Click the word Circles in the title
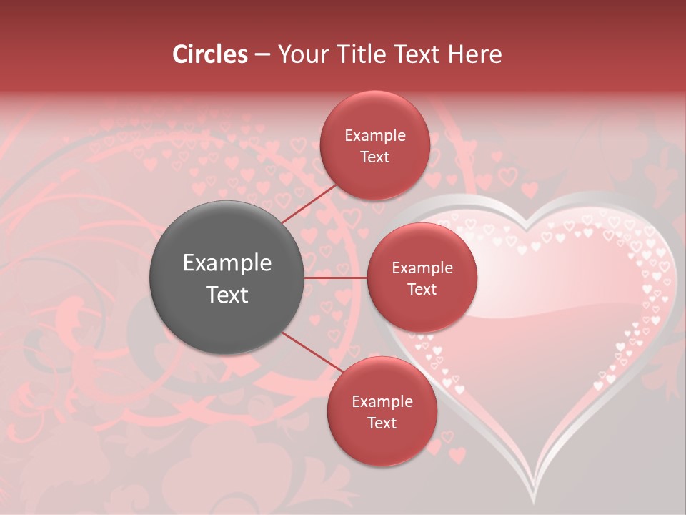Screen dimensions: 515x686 click(210, 54)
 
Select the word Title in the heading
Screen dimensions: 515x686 click(369, 54)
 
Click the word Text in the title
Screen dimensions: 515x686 click(421, 54)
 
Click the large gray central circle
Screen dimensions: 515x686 click(227, 278)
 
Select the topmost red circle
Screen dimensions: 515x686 click(374, 145)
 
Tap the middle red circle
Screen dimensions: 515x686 click(422, 278)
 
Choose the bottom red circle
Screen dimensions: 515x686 click(382, 411)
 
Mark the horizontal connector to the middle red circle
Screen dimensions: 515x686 click(336, 278)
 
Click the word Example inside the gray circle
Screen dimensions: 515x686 click(227, 263)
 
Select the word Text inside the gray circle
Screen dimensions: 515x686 click(227, 295)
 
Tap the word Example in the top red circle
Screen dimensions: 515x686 click(374, 135)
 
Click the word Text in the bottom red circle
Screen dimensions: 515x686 click(382, 423)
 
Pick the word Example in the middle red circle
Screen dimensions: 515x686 click(422, 268)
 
